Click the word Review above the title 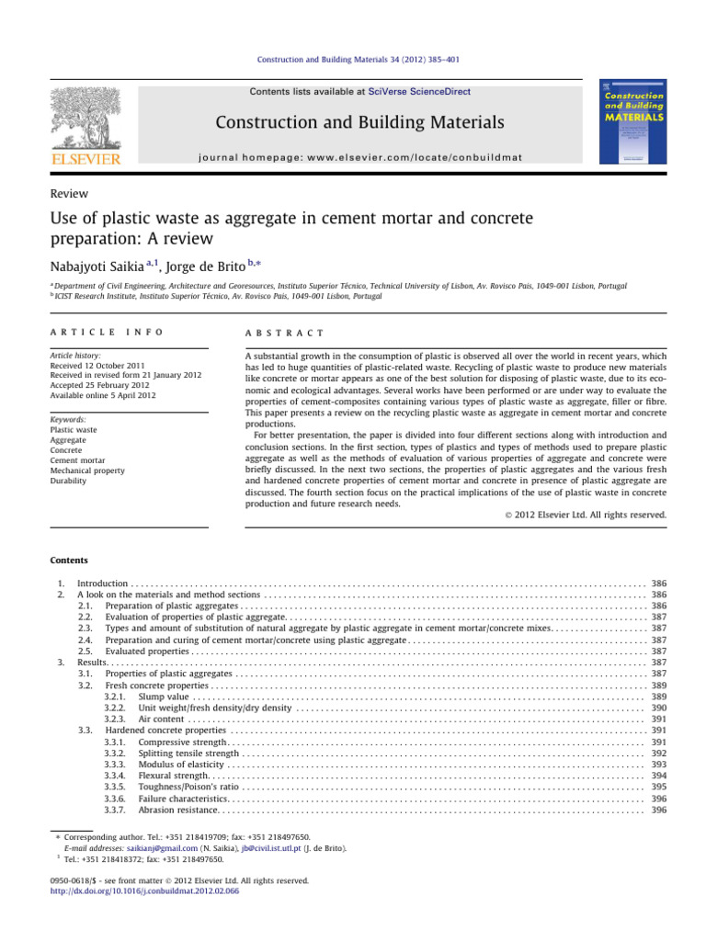point(69,194)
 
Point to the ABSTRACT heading point(279,333)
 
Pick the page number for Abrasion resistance point(658,810)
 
